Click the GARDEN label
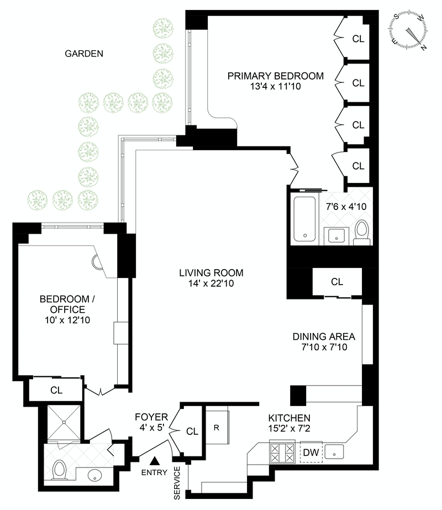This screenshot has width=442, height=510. (x=84, y=54)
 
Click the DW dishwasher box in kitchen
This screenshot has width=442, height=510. (x=311, y=453)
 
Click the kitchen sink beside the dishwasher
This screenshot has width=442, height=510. (x=335, y=453)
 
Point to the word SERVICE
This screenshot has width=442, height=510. (x=177, y=483)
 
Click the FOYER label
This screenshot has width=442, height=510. (x=150, y=416)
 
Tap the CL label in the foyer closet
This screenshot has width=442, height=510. (x=192, y=431)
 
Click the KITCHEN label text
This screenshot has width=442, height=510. (x=289, y=418)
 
